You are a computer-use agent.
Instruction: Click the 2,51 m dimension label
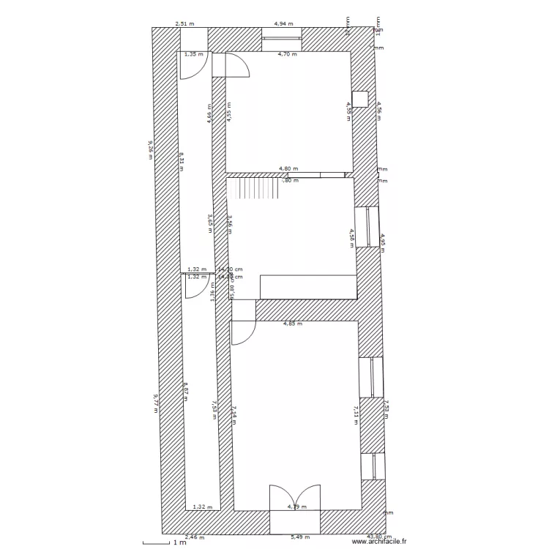click(185, 23)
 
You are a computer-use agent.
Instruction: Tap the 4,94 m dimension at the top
click(283, 23)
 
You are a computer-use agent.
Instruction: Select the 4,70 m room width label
click(288, 54)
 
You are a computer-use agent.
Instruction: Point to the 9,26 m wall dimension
click(150, 146)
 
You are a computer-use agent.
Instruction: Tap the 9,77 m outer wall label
click(155, 403)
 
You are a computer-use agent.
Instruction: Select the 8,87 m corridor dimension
click(186, 392)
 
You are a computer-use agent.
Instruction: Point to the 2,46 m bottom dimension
click(194, 537)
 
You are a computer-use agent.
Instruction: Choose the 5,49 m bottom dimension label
click(300, 537)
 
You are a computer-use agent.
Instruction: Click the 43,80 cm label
click(378, 537)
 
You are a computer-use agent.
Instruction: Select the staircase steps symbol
click(254, 190)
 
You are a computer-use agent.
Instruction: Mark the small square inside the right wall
click(359, 99)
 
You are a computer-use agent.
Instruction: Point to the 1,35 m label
click(194, 54)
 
